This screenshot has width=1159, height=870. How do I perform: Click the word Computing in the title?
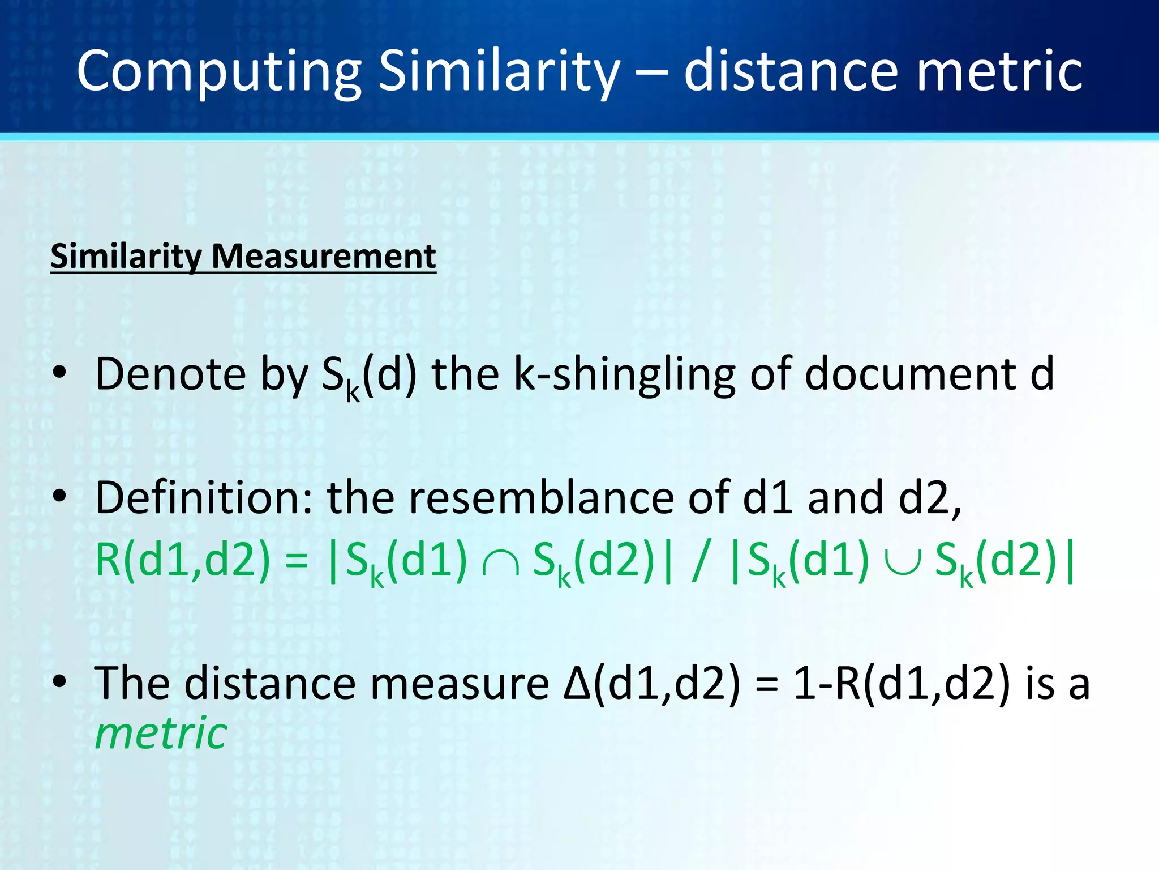[x=218, y=72]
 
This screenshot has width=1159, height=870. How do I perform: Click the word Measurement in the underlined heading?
[x=323, y=256]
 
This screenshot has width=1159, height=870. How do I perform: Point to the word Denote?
[x=170, y=374]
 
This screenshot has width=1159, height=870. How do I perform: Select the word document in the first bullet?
[x=911, y=374]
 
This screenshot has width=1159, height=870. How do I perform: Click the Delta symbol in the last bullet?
[x=577, y=684]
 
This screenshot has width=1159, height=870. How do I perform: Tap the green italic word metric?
[x=161, y=733]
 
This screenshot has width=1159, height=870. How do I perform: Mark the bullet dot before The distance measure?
[x=59, y=681]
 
